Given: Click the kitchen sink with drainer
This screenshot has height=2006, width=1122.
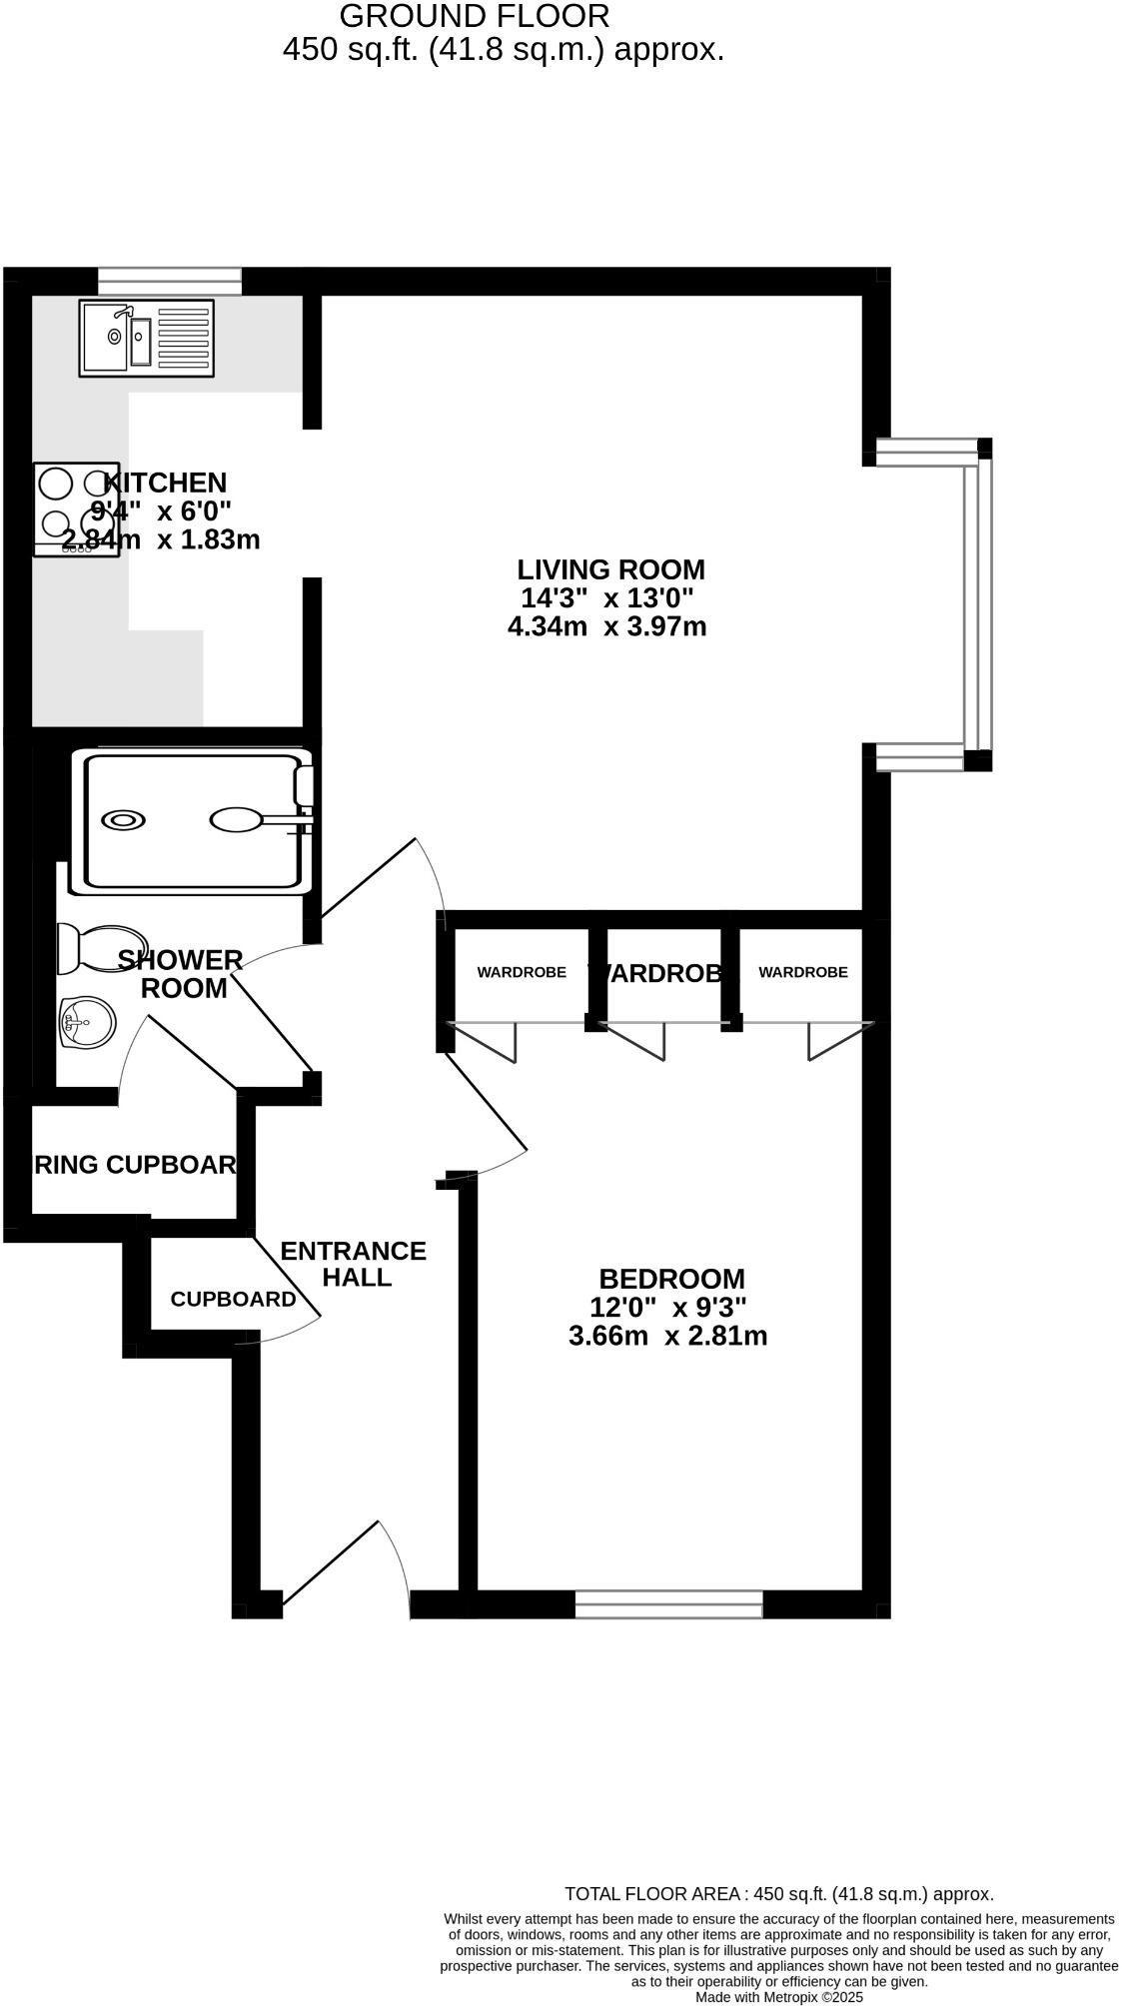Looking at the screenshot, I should [146, 339].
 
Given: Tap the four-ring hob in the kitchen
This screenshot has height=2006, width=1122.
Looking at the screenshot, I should [76, 508].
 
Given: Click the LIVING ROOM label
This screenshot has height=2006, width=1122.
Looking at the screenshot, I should [610, 569].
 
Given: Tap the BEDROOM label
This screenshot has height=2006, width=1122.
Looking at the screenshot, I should [671, 1279].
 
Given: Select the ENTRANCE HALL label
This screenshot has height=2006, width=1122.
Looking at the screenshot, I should [354, 1264].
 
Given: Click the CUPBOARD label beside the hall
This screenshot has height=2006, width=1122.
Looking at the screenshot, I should [233, 1299].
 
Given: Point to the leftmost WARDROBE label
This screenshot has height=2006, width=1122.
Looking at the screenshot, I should [522, 972].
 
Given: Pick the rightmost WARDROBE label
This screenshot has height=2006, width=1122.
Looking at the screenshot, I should [802, 972].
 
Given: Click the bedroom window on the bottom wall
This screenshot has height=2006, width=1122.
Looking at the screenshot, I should [668, 1604].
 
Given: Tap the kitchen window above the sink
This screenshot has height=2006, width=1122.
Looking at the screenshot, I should [170, 281].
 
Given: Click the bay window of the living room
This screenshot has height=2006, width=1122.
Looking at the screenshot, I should [977, 604].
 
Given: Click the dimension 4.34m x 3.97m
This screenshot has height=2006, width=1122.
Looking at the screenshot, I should [607, 627].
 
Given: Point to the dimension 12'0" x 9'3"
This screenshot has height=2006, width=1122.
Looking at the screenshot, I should [668, 1307].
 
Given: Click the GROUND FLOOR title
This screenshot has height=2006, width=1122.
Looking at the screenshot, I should [474, 16].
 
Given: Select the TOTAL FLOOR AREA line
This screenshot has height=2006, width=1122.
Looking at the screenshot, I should [779, 1893].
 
